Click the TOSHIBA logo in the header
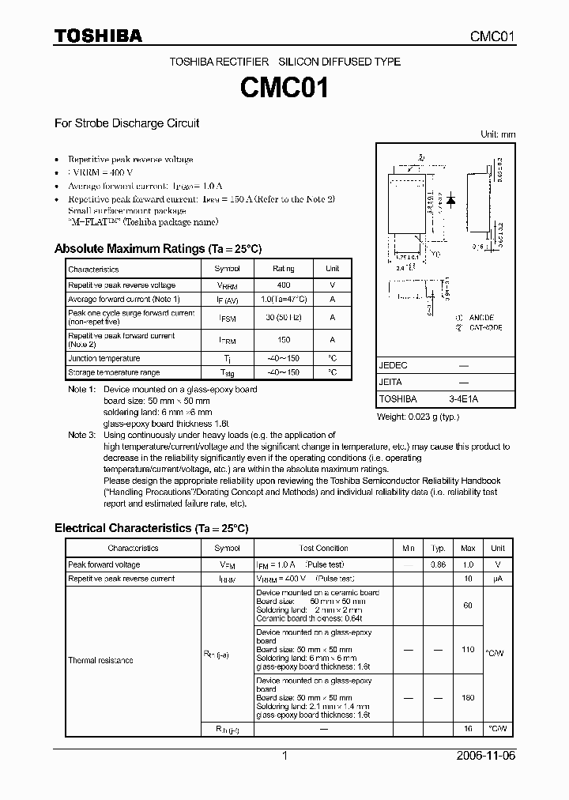[x=98, y=36]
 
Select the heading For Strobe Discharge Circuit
[x=126, y=123]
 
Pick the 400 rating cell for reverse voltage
[x=284, y=285]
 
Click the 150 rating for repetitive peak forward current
[x=284, y=340]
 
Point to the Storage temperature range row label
[x=114, y=372]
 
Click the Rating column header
[x=284, y=270]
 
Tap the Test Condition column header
[x=324, y=548]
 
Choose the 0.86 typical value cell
[x=438, y=565]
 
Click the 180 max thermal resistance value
[x=468, y=698]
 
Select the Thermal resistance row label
[x=100, y=660]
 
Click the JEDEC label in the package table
[x=393, y=366]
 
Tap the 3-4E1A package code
[x=463, y=399]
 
